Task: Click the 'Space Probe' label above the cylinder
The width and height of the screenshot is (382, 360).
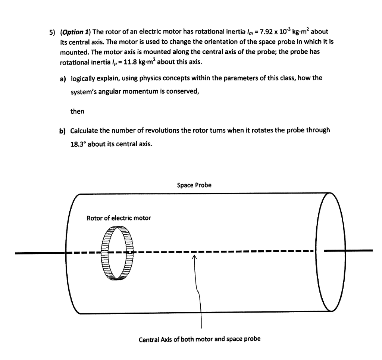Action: coord(194,185)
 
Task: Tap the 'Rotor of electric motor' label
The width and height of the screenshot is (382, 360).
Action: coord(119,218)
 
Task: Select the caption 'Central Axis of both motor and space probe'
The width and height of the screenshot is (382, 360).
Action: coord(200,339)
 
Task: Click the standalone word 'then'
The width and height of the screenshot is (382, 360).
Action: coord(77,111)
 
